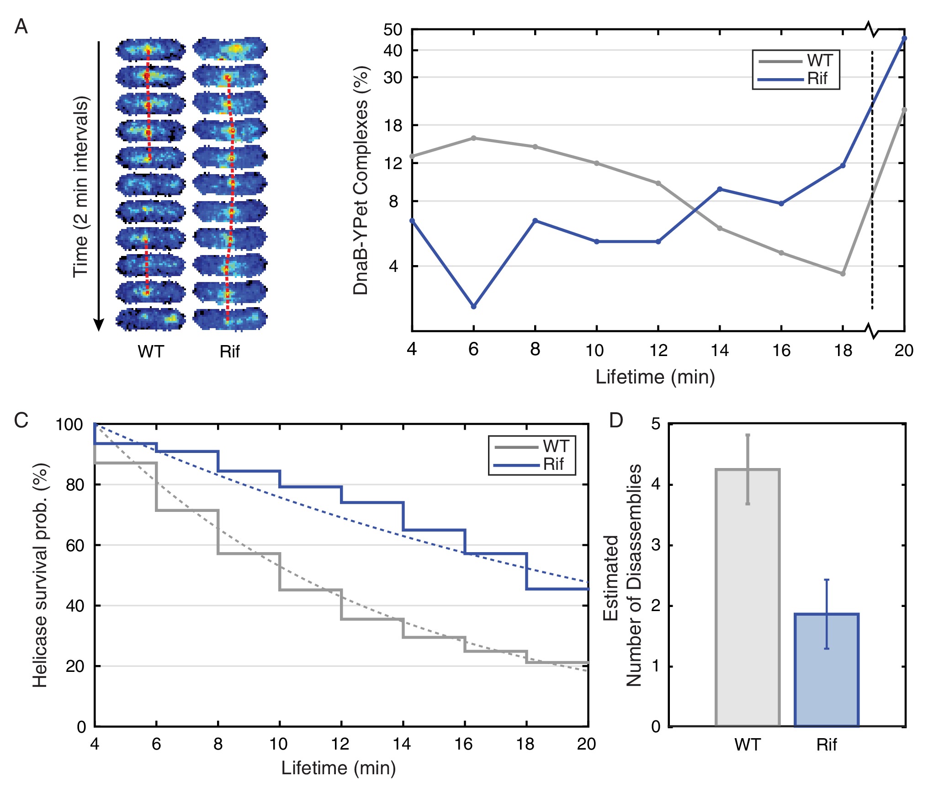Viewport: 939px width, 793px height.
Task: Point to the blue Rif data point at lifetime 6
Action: [x=473, y=306]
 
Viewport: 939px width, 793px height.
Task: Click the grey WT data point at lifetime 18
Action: [x=843, y=274]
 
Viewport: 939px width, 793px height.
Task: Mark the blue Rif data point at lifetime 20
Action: [x=904, y=38]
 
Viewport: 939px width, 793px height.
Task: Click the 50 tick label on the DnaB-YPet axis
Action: [x=393, y=30]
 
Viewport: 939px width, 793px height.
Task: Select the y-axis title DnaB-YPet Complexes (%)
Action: [x=361, y=181]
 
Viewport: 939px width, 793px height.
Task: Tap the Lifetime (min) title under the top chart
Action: [x=655, y=378]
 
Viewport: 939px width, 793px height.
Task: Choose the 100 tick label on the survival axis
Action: [x=69, y=425]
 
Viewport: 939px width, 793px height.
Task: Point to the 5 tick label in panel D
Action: [x=656, y=424]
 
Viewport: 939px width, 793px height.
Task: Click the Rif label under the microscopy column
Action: [x=229, y=352]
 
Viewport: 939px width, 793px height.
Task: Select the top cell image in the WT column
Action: [x=151, y=50]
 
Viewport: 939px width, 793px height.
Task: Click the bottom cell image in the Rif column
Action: [x=230, y=319]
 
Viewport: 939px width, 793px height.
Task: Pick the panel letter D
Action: [x=616, y=420]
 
